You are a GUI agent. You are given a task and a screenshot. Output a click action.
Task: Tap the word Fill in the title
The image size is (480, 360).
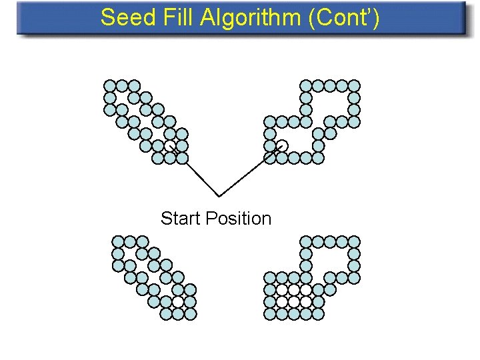point(173,18)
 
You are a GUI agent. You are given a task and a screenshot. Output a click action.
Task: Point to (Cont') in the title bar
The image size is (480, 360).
point(344,18)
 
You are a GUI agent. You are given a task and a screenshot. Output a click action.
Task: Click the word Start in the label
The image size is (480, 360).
point(181,219)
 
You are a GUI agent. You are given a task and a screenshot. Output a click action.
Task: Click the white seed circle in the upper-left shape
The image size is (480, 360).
point(171,146)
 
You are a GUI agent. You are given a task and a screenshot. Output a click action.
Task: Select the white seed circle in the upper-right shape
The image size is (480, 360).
point(282,146)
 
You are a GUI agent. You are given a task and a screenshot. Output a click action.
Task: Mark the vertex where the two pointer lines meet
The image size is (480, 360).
point(219,196)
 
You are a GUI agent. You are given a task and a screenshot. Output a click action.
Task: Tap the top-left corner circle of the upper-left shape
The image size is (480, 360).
point(110,86)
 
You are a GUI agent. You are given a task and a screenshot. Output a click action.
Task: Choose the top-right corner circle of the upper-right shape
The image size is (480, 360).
point(355,86)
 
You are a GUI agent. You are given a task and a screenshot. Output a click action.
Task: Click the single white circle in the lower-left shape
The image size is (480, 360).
point(178,301)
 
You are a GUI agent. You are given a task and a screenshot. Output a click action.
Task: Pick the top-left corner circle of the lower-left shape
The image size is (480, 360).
point(118,241)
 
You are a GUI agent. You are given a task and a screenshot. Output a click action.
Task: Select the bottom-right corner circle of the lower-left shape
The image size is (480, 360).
point(190,313)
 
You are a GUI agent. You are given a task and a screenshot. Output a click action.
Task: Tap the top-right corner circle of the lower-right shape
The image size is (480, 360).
point(355,241)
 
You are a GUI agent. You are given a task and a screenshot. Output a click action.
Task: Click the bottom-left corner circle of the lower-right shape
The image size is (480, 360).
point(270,313)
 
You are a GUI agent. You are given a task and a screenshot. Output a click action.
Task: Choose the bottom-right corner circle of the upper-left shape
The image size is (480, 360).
point(182,158)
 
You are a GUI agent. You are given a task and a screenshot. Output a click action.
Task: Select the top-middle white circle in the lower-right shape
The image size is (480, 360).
point(294,289)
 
